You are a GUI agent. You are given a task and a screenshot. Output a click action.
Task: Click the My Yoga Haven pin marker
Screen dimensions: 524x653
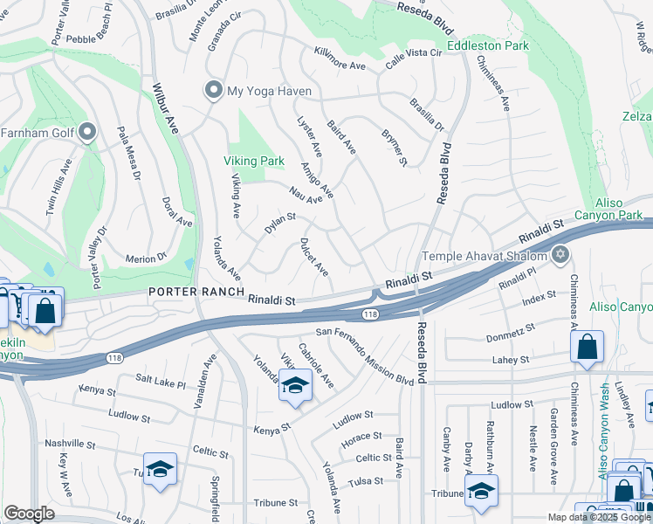[x=212, y=91]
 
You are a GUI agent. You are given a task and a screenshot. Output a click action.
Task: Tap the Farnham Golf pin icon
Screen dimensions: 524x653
[x=86, y=133]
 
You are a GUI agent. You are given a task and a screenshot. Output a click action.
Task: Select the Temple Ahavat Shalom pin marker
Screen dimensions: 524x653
[x=560, y=256]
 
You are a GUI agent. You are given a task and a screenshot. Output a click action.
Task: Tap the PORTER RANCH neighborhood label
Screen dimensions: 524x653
[x=193, y=292]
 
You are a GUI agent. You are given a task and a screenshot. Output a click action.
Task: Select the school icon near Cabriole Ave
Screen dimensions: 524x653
[x=296, y=386]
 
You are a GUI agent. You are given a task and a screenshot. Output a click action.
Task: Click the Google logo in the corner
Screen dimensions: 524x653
[x=29, y=514]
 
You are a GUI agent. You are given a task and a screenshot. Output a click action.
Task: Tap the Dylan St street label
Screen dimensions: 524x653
[x=280, y=223]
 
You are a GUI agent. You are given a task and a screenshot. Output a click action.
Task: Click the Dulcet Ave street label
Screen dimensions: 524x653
[x=313, y=254]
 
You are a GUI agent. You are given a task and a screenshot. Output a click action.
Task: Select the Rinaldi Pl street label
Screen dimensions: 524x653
[x=515, y=281]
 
